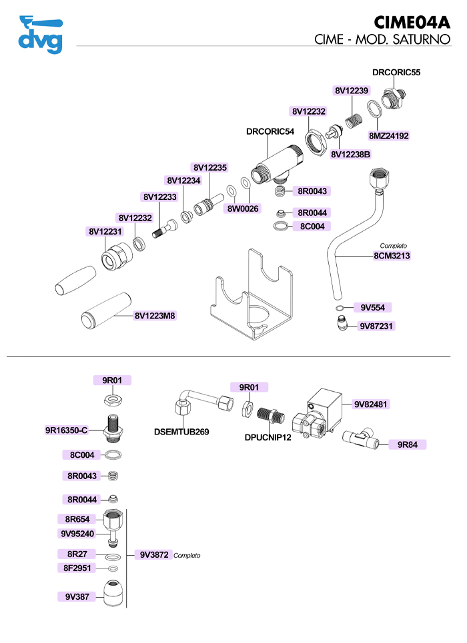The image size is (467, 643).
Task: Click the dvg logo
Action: [x=41, y=35]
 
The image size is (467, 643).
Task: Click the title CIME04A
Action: [x=412, y=23]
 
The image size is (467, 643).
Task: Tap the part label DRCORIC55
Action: [x=396, y=73]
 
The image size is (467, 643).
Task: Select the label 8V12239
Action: [x=352, y=91]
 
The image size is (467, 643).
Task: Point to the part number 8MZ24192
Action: [x=388, y=136]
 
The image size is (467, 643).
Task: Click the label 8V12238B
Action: [x=350, y=155]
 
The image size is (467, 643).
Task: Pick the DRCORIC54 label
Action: [x=270, y=132]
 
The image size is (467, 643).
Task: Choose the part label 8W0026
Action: [x=243, y=209]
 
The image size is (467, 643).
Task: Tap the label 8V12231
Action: [x=105, y=232]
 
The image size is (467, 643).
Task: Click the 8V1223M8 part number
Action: [x=155, y=316]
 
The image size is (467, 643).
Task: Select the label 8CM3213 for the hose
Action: [x=392, y=256]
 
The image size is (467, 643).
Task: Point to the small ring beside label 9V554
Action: [x=340, y=308]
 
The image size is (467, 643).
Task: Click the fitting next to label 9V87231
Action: [x=342, y=324]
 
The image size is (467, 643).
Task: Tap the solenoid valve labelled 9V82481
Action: [x=318, y=415]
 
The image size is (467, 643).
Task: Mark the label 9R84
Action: [x=408, y=444]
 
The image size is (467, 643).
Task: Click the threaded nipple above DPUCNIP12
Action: [x=271, y=415]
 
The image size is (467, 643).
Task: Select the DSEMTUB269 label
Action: [x=181, y=432]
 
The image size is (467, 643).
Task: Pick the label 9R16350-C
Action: [x=67, y=430]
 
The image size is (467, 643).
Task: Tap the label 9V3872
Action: [x=154, y=555]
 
